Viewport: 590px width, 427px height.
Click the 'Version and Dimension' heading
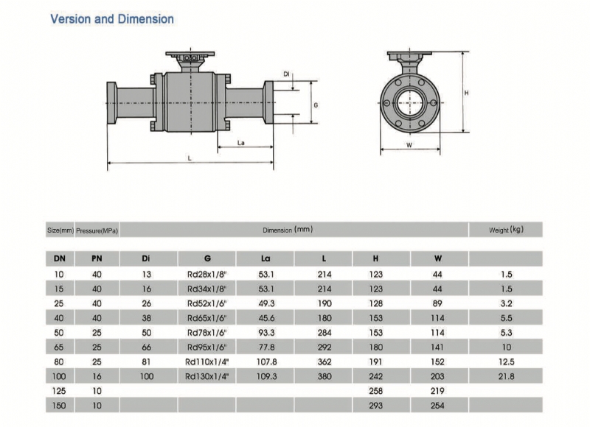click(x=112, y=19)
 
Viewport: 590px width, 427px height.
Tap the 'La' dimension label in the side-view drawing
click(x=241, y=143)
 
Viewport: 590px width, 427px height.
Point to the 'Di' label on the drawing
click(x=287, y=74)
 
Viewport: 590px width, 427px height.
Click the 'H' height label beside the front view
click(x=467, y=93)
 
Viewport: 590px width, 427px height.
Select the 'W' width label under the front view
click(x=410, y=145)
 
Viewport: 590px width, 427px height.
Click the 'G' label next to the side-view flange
click(x=316, y=105)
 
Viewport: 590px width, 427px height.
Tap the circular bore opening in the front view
click(x=410, y=102)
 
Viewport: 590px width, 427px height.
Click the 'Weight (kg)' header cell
click(x=506, y=230)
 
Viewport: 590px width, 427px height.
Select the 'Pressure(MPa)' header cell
click(x=97, y=230)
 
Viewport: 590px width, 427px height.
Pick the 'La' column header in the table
click(x=265, y=258)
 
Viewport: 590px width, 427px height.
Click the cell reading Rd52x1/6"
click(x=207, y=303)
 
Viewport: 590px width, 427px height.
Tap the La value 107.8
click(x=266, y=361)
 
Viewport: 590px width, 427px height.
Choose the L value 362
click(x=324, y=361)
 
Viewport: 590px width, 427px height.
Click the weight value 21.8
click(x=506, y=376)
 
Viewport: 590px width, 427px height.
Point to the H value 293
click(x=375, y=406)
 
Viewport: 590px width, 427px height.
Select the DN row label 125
click(x=59, y=391)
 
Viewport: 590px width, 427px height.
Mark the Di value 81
click(x=146, y=361)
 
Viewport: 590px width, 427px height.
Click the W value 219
click(x=437, y=391)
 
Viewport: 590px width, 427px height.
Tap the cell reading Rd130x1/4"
click(x=207, y=376)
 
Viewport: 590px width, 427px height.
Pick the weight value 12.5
click(x=506, y=361)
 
